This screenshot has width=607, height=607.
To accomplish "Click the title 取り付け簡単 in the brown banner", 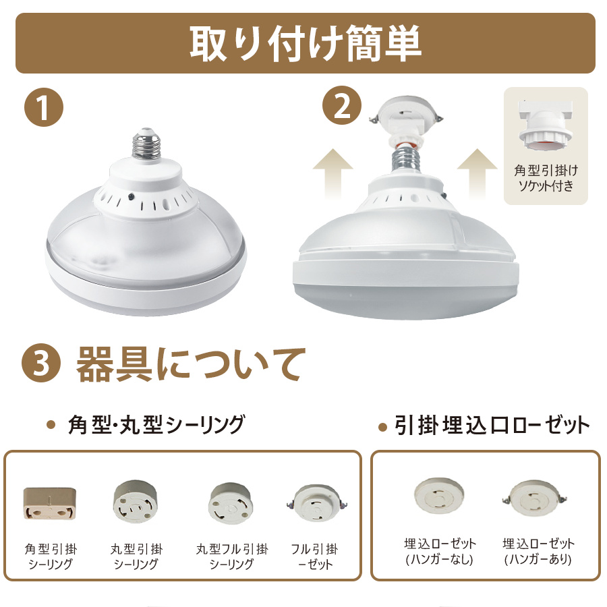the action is point(306,43).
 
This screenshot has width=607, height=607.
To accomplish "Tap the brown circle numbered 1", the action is point(43,107).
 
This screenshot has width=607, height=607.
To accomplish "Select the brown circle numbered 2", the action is point(342,105).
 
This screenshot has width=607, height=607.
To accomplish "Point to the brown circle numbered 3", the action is point(41,363).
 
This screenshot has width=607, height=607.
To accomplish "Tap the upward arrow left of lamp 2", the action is point(333,173).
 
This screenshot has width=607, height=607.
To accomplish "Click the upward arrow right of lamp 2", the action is point(478,173).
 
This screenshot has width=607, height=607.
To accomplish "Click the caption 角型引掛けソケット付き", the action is point(546,178).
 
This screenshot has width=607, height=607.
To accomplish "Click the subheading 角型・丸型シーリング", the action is point(156,424).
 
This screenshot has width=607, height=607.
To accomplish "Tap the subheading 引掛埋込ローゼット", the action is point(492,426).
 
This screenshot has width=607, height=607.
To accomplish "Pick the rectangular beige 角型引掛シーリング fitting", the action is point(49,503).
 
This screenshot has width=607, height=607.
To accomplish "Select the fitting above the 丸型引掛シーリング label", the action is point(136,502).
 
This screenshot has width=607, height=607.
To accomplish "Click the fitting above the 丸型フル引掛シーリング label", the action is point(231,503).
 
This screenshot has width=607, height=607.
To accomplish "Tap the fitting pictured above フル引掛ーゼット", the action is point(317,504).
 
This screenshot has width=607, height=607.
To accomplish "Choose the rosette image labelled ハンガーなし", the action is point(439,496).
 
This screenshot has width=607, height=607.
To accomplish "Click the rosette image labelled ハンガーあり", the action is point(537,499).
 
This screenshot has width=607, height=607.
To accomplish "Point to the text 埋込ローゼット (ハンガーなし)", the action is point(440,551).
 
